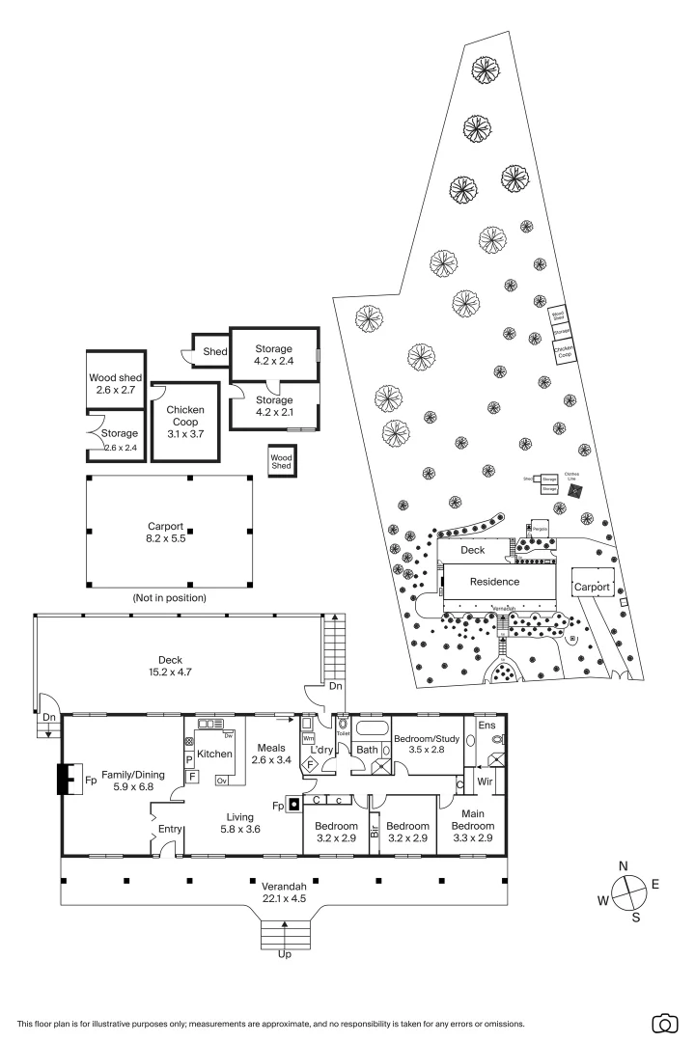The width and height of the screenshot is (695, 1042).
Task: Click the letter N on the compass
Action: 624,865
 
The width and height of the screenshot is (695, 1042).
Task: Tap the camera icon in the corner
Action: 664,1023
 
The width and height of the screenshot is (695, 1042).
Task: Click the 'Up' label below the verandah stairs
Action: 284,954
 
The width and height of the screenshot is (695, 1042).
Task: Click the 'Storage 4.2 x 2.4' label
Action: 273,354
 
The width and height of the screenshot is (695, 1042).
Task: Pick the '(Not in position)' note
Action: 169,598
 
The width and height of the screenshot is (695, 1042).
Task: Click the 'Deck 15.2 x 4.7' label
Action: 170,667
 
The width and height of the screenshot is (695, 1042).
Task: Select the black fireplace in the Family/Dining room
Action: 66,779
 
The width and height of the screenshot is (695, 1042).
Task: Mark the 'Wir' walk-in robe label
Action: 485,781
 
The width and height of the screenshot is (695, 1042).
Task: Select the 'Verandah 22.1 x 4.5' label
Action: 284,891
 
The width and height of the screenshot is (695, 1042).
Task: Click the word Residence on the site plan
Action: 494,582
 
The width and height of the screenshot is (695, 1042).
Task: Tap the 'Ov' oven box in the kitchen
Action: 221,781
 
